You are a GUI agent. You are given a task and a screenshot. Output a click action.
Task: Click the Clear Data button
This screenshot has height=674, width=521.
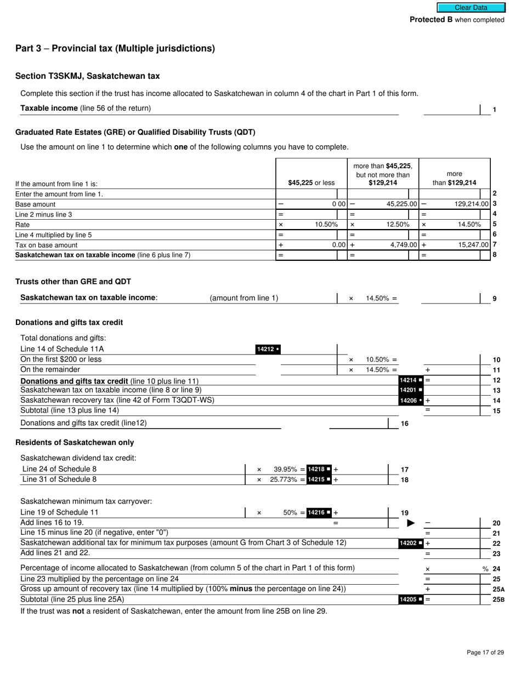click(x=471, y=8)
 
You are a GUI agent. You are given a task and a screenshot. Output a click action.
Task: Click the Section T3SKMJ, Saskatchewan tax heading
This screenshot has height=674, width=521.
click(x=88, y=76)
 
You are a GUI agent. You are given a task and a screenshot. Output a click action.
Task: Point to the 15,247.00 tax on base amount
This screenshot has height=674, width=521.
click(x=473, y=245)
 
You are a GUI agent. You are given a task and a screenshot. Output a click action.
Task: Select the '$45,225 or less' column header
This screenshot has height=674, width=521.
click(x=311, y=182)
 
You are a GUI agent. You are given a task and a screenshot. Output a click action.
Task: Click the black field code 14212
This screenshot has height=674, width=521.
click(x=268, y=350)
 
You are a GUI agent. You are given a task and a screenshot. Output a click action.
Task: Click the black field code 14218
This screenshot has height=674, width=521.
click(x=319, y=469)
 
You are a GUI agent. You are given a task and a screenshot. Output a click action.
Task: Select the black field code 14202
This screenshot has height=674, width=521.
click(x=411, y=544)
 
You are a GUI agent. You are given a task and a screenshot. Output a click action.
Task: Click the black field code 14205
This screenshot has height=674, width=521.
click(x=411, y=599)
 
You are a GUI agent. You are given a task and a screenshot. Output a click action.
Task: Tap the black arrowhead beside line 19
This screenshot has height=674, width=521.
click(x=411, y=523)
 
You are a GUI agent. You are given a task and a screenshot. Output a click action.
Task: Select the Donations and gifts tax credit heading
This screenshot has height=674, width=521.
click(x=69, y=322)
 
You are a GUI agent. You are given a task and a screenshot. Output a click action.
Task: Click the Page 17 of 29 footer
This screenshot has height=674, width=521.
click(x=485, y=652)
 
